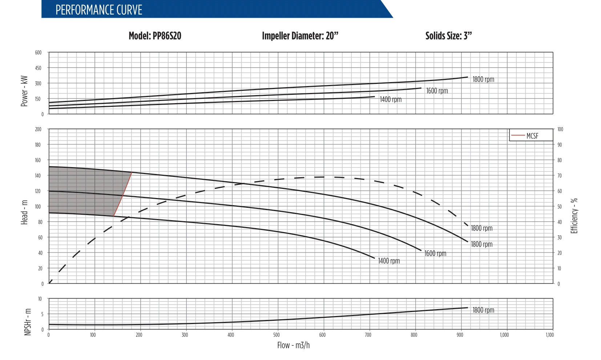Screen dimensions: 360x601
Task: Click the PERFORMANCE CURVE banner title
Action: [98, 10]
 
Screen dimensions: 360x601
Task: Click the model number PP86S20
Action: [155, 36]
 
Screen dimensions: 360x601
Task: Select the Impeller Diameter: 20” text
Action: [300, 36]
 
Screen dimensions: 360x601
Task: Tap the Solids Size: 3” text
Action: [448, 36]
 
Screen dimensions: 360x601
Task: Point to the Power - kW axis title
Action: [24, 91]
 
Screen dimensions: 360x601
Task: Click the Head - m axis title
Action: [24, 212]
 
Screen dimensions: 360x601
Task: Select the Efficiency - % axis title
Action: [574, 216]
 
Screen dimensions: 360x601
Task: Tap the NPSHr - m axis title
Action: [28, 322]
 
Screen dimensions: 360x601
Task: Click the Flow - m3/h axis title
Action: [293, 345]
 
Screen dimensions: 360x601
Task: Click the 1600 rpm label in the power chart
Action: [437, 91]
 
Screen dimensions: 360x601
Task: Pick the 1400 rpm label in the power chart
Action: [391, 100]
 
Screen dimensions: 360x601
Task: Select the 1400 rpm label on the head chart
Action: [389, 261]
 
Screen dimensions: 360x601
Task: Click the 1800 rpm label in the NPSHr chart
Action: [483, 310]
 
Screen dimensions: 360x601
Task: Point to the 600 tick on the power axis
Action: [38, 53]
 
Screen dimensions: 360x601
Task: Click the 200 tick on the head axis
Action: [38, 129]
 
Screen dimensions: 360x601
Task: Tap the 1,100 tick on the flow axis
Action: [550, 335]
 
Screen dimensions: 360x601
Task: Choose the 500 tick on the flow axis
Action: [277, 335]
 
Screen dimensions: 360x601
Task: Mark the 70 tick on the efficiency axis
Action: [560, 176]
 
